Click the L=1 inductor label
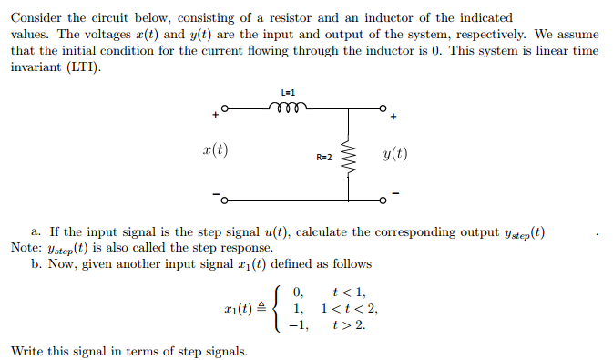pos(290,93)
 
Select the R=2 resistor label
pos(324,158)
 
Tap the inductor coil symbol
pos(290,107)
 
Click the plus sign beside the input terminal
pos(215,116)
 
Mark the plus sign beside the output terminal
pos(393,118)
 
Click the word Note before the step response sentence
pos(25,247)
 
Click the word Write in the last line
pos(27,351)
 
